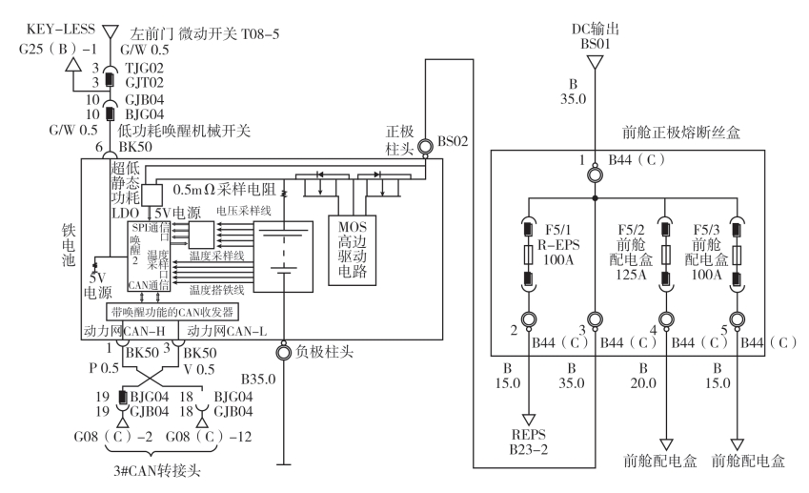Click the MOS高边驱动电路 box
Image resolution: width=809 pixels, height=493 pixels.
pos(353,250)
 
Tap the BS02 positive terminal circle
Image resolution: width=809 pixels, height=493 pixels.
pos(426,147)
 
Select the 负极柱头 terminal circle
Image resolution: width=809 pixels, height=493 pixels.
pos(283,353)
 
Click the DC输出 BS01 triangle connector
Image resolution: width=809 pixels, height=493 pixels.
pos(595,63)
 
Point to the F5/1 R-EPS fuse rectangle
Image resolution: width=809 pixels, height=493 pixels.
pos(528,255)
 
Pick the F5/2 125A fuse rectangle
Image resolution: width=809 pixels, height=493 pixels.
pos(666,255)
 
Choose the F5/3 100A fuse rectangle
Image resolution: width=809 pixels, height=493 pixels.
pos(737,255)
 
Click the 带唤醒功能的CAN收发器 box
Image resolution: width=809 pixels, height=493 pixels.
pos(172,312)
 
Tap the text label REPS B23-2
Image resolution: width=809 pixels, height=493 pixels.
pos(529,442)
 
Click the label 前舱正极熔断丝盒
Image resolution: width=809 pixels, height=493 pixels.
pos(681,133)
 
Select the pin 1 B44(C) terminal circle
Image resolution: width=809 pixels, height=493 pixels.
pos(595,175)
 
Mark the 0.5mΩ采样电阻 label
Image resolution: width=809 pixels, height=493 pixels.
pos(224,190)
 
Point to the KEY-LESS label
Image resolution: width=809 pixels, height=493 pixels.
pos(60,29)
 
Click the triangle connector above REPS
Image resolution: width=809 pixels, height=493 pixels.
pos(529,420)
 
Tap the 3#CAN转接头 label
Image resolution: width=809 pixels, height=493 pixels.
pos(157,471)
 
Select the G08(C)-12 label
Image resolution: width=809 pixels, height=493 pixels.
pos(209,437)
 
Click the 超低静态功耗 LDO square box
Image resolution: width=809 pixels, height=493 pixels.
pos(152,195)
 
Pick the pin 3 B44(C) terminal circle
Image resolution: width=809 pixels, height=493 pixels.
pos(595,319)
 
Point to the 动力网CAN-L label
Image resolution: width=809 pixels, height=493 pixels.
pos(227,331)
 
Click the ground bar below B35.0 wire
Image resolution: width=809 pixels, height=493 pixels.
pos(283,464)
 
